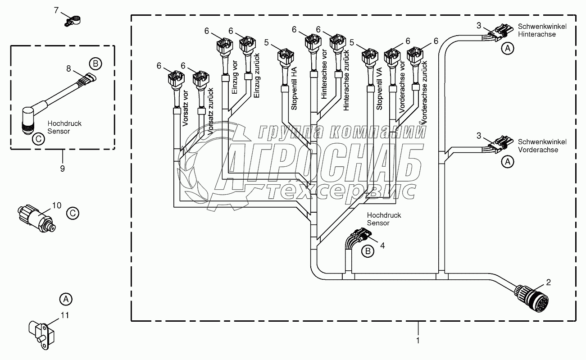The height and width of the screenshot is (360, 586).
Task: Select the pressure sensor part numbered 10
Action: coord(37,216)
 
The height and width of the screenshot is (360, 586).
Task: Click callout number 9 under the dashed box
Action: coord(62,169)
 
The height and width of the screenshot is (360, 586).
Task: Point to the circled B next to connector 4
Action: coord(368,251)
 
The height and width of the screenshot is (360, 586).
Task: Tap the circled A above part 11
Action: coord(66,299)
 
